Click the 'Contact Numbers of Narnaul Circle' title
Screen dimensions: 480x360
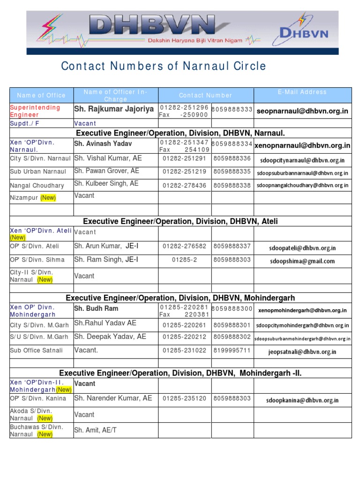tap(163, 66)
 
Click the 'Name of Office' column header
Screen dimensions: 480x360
tap(41, 95)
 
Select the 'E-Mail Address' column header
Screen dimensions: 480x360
tap(302, 92)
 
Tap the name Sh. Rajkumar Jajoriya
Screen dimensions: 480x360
tap(114, 109)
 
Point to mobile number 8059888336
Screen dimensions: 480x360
tap(232, 158)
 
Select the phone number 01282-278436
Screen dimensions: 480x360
tap(185, 186)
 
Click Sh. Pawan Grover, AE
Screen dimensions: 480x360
tap(107, 171)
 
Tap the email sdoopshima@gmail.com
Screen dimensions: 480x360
tap(302, 261)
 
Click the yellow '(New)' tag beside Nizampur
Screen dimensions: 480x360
tap(48, 198)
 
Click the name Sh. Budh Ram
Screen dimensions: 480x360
tap(96, 308)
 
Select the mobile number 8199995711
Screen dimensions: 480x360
tap(232, 351)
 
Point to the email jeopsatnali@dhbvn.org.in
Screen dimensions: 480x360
tap(302, 352)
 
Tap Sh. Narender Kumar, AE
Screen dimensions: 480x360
tap(113, 398)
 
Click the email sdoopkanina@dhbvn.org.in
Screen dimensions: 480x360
tap(302, 400)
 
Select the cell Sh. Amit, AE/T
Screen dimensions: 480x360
tap(94, 430)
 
